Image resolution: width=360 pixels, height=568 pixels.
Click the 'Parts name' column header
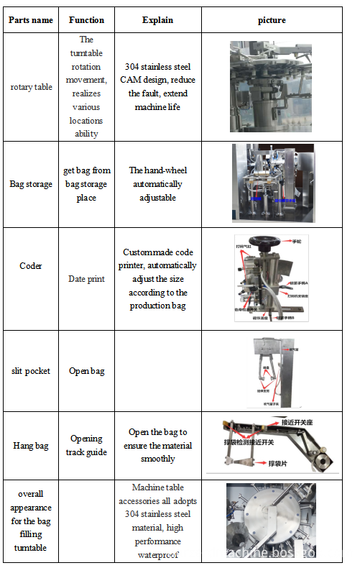[31, 20]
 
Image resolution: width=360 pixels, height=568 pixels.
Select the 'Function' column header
[86, 20]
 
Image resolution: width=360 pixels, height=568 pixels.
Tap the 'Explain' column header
[157, 20]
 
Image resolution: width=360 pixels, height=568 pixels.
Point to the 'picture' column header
[272, 20]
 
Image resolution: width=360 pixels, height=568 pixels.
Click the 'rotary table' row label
[31, 87]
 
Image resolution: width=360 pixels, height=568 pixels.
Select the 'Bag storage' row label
[31, 184]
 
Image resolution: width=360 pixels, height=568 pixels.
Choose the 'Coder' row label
[31, 266]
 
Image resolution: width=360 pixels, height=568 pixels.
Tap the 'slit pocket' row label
[31, 371]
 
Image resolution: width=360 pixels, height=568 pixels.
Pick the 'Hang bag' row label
[31, 446]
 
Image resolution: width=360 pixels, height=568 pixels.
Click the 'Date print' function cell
[86, 279]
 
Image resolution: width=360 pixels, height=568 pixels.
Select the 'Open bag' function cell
[86, 371]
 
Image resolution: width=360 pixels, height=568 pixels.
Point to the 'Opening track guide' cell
[86, 445]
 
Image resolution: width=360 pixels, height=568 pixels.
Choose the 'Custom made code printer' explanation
[159, 279]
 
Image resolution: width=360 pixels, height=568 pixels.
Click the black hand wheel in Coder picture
[266, 242]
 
